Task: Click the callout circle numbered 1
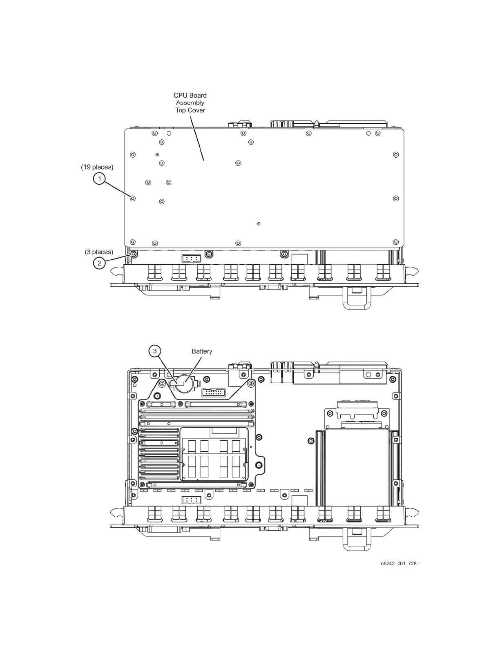(x=99, y=179)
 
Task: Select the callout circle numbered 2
(x=99, y=263)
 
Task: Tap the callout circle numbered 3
(x=154, y=351)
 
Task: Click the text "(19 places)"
(x=97, y=167)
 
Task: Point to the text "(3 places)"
(x=99, y=252)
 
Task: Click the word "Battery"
(x=202, y=351)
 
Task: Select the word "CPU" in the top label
(x=180, y=96)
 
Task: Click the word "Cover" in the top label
(x=196, y=110)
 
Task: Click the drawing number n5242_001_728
(x=399, y=564)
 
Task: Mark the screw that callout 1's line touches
(x=133, y=199)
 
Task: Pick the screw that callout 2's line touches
(x=133, y=254)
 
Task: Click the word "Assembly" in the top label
(x=190, y=103)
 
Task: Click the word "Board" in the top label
(x=198, y=96)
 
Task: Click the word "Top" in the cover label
(x=181, y=110)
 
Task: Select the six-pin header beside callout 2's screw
(x=191, y=258)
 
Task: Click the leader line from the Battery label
(x=194, y=370)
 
